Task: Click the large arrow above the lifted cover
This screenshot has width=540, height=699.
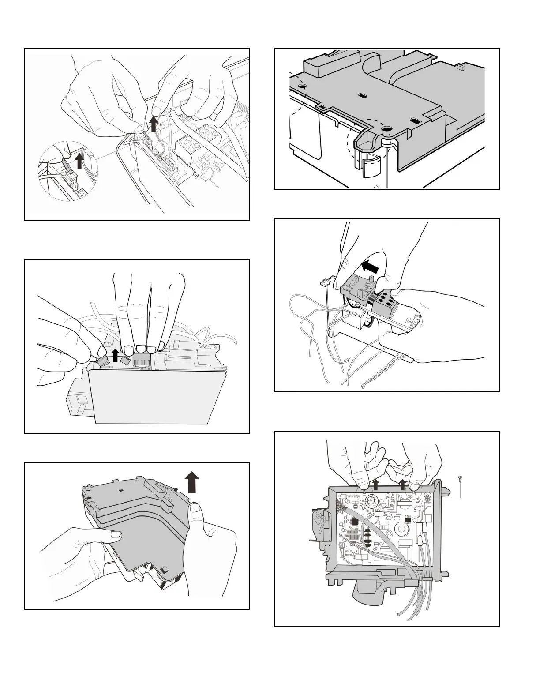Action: click(192, 482)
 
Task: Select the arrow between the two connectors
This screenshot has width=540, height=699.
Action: click(115, 355)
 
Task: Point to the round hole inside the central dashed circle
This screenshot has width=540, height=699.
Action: click(386, 129)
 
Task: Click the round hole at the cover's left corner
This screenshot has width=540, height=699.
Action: click(302, 87)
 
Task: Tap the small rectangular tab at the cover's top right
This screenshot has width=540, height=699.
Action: click(461, 68)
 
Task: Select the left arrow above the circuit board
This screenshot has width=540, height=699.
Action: click(375, 485)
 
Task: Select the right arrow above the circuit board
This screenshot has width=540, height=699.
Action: click(402, 485)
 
